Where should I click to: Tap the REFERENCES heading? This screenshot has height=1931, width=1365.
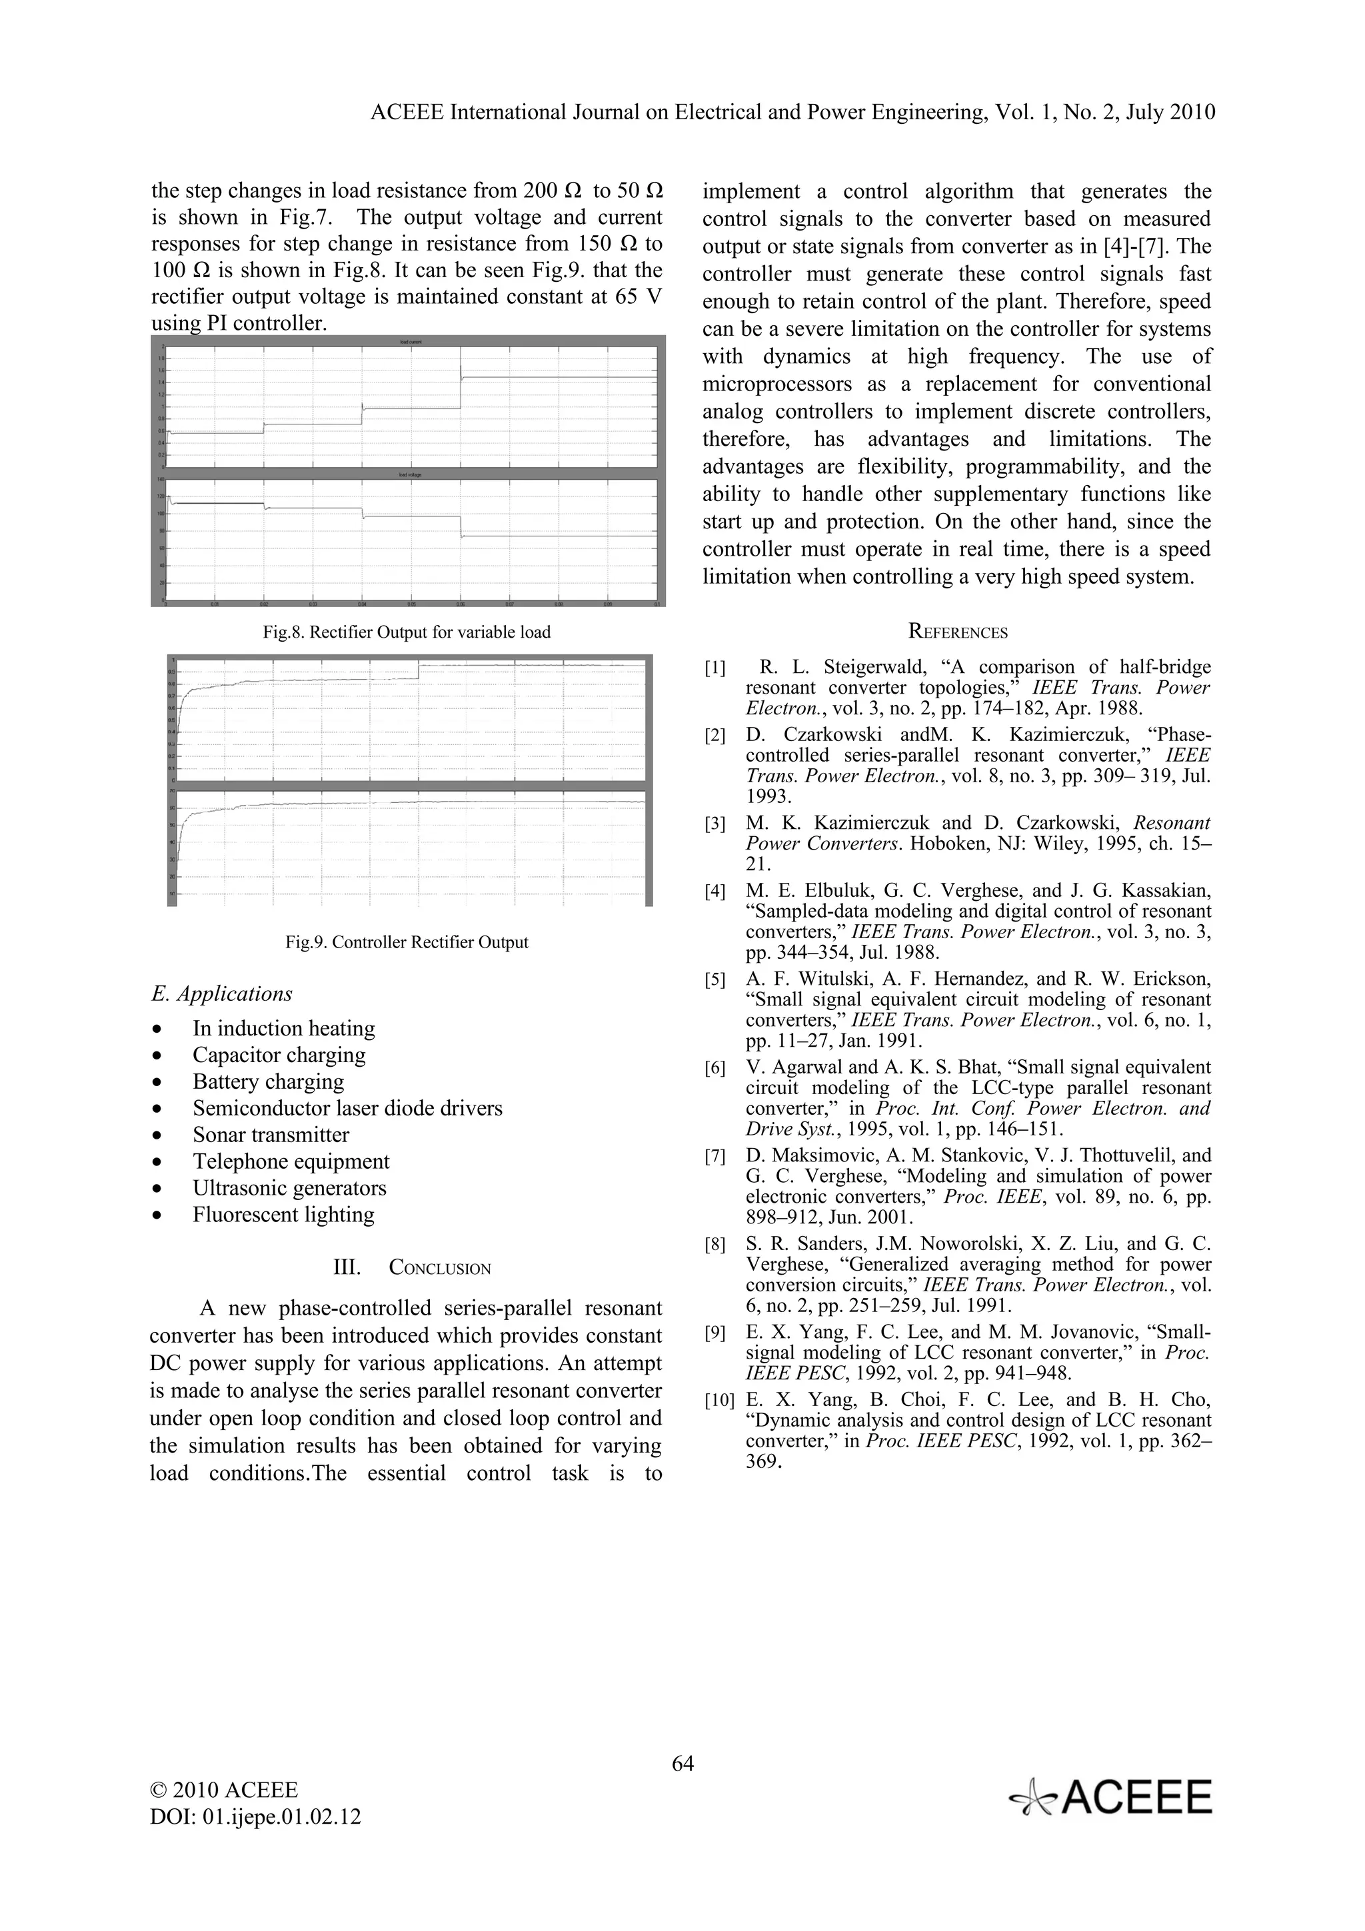[x=958, y=632]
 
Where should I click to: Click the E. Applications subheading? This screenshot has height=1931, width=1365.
[x=222, y=993]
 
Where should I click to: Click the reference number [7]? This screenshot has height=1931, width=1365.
[x=715, y=1157]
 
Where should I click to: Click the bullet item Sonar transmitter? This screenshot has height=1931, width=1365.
[x=271, y=1135]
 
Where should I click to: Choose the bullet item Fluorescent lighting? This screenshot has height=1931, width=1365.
[x=283, y=1215]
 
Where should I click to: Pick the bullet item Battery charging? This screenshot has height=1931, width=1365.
[x=269, y=1081]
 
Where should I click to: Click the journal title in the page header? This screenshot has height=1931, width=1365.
[x=792, y=113]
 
